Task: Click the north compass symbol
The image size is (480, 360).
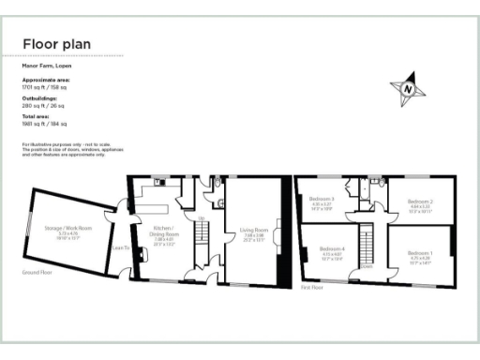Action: point(410,87)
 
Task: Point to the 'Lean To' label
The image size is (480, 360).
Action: point(119,248)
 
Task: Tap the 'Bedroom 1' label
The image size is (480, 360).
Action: point(420,253)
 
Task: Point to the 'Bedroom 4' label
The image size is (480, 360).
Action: point(334,248)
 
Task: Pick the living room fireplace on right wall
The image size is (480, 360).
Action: point(278,230)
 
